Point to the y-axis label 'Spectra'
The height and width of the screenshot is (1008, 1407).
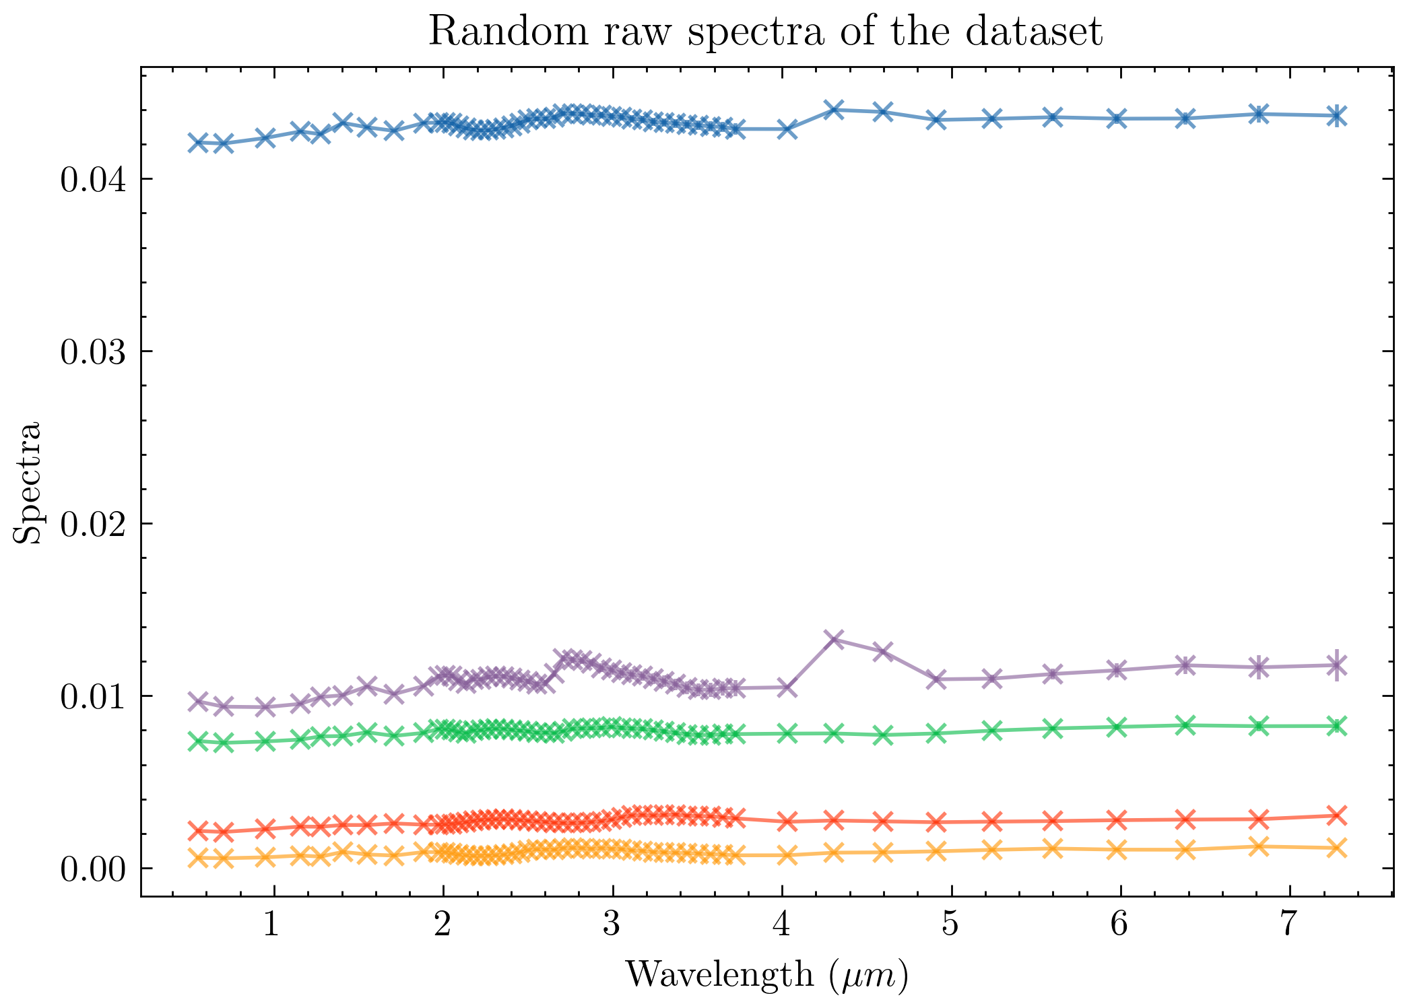point(28,483)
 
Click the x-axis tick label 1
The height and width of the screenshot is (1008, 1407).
point(271,926)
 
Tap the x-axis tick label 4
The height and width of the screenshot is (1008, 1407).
point(780,926)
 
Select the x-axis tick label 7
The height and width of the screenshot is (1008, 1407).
point(1288,926)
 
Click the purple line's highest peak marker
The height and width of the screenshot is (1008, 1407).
point(835,639)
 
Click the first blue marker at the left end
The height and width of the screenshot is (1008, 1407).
point(198,142)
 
